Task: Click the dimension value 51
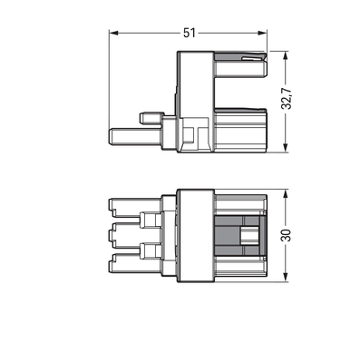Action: (x=190, y=32)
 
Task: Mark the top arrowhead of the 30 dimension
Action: (x=287, y=193)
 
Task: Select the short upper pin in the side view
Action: (x=151, y=118)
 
